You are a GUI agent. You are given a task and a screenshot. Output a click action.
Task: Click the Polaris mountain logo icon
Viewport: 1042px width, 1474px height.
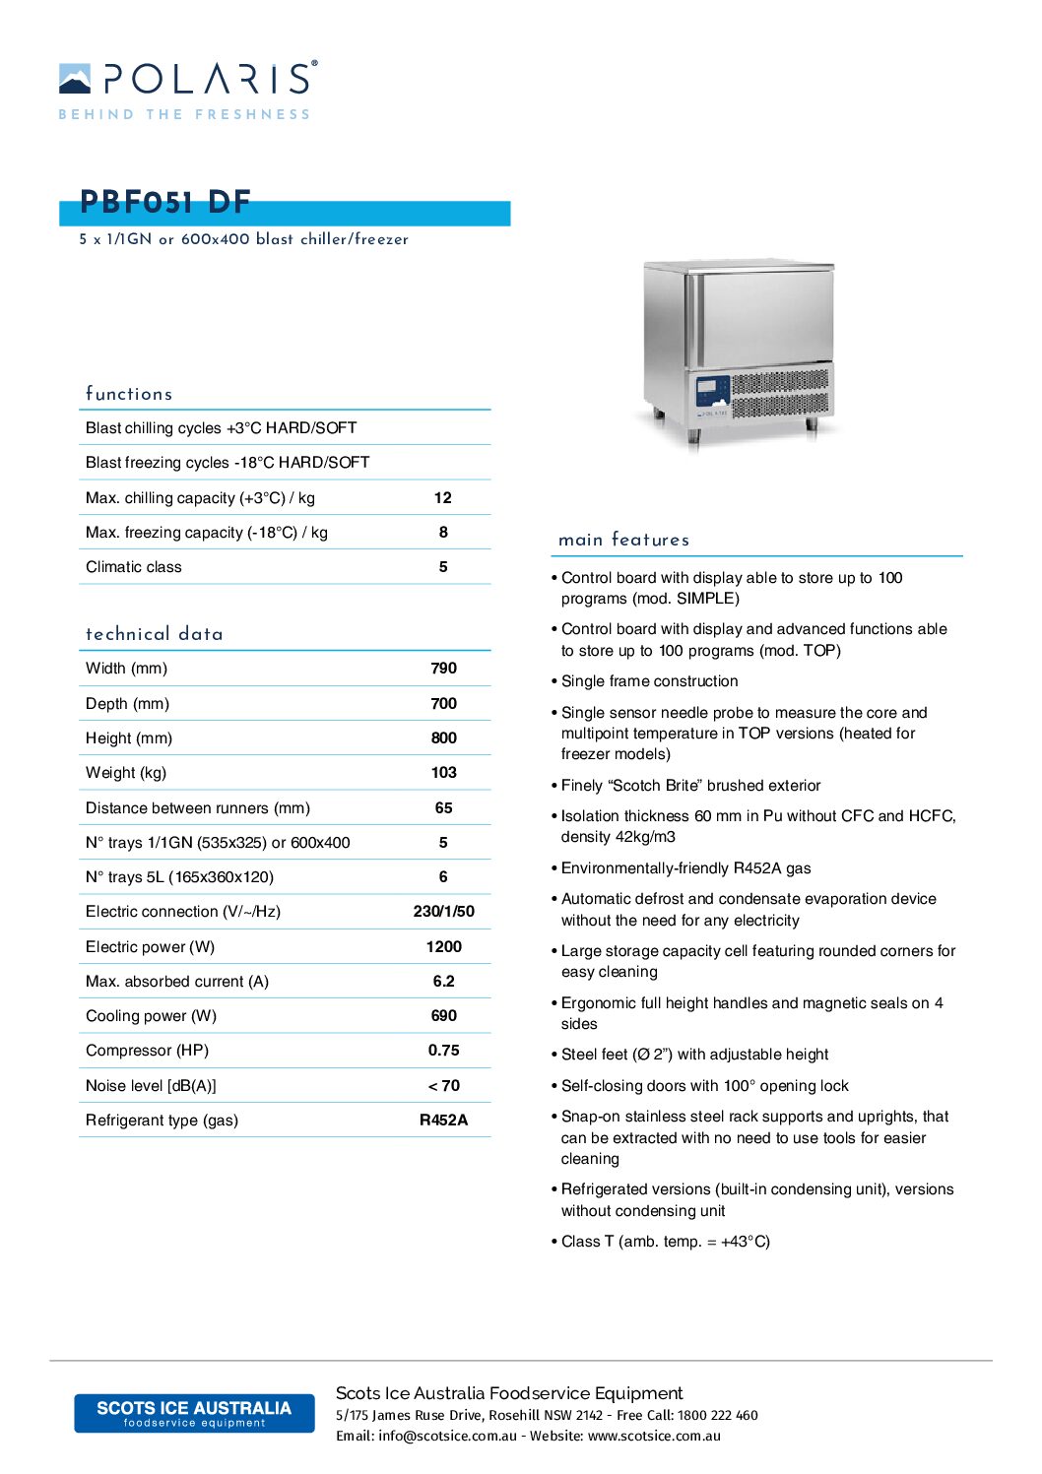tap(75, 79)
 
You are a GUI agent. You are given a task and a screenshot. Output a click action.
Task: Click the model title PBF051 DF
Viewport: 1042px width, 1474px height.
tap(165, 203)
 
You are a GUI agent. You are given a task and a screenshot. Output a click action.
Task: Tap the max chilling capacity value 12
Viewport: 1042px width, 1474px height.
tap(443, 498)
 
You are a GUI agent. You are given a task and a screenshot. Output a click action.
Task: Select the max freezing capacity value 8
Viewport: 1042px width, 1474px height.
tap(443, 533)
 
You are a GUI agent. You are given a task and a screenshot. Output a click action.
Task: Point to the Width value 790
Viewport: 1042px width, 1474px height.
tap(443, 669)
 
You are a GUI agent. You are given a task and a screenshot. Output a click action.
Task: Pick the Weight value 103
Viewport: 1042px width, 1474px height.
tap(443, 773)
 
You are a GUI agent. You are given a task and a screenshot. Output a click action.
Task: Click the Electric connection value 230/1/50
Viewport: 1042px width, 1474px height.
tap(443, 912)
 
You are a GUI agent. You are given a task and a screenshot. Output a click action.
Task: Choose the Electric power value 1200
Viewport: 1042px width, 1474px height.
tap(443, 947)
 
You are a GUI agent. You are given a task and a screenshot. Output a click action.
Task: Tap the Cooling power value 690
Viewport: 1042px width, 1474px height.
tap(443, 1016)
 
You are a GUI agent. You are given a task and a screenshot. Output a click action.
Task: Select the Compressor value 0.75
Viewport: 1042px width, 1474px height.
tap(443, 1051)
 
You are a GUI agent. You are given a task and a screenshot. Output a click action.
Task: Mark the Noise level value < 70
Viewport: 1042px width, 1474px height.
tap(443, 1086)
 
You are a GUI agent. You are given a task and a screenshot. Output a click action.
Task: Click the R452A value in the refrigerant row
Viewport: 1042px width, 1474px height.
tap(443, 1121)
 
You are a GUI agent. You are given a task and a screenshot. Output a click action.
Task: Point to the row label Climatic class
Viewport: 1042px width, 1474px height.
tap(134, 567)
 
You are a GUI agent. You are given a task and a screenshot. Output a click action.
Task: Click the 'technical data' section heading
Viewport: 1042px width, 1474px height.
tap(155, 634)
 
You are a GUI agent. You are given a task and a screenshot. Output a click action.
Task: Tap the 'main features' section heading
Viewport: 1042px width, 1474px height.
tap(623, 540)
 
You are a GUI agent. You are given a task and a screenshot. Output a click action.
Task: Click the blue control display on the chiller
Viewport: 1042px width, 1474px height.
tap(712, 391)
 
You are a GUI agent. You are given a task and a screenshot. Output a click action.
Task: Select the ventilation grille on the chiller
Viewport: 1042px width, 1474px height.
tap(779, 393)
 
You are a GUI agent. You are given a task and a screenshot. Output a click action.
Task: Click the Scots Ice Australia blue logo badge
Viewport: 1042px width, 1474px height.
tap(194, 1413)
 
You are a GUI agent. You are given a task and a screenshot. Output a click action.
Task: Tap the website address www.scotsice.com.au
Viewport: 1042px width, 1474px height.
tap(654, 1437)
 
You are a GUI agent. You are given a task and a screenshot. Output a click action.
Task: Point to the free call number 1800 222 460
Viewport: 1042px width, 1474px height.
tap(717, 1416)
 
